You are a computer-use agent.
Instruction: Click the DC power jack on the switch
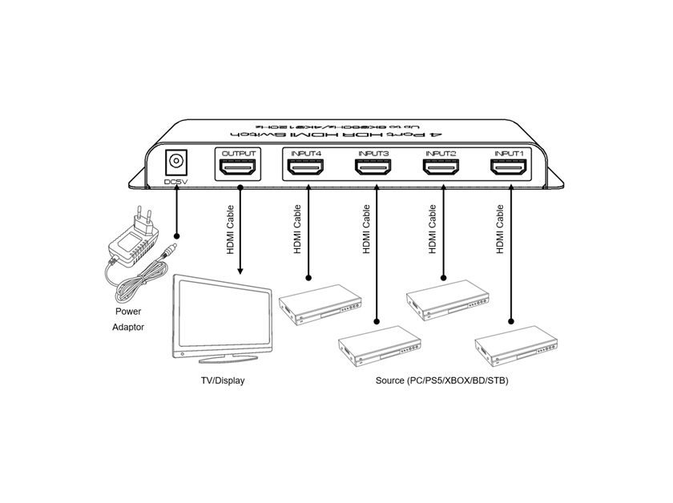click(x=175, y=163)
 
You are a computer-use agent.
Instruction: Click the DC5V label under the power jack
click(x=175, y=183)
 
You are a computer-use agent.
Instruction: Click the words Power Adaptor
click(x=127, y=319)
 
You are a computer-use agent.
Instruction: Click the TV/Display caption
click(x=223, y=380)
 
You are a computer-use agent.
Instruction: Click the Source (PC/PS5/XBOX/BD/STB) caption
click(x=441, y=380)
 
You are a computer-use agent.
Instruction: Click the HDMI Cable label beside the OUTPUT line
click(x=229, y=229)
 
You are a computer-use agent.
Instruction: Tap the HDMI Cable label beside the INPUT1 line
click(x=499, y=229)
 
